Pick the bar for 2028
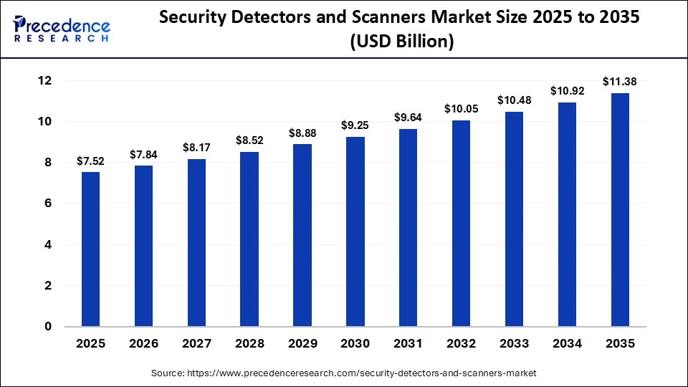249,239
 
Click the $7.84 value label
143,155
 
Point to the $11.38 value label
620,82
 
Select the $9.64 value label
408,118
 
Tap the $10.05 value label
461,109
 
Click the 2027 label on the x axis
196,343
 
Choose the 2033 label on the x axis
514,343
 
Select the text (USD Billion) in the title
401,42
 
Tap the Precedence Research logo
62,29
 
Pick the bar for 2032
461,224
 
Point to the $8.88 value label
302,133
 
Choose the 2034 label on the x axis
567,343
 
